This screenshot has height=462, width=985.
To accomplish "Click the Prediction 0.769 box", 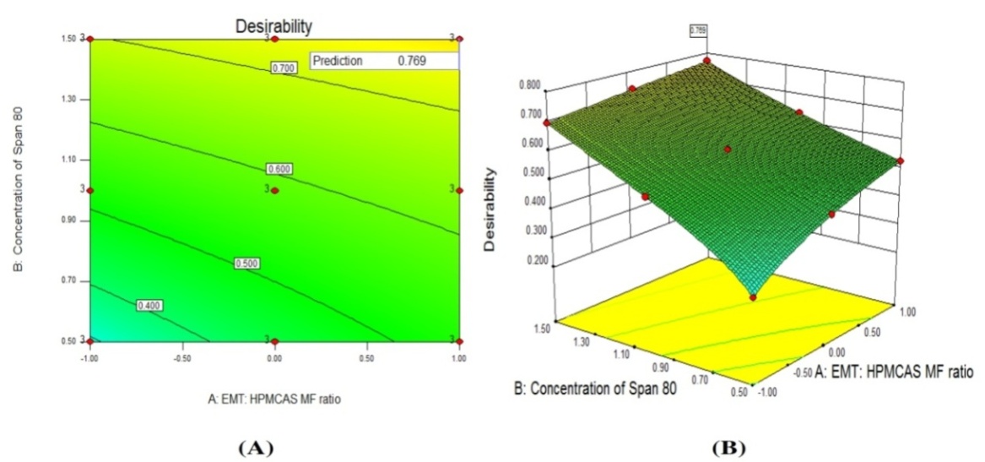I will coord(385,61).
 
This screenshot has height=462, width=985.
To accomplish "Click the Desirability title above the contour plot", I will coord(273,26).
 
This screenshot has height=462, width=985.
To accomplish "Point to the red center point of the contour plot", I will coord(274,191).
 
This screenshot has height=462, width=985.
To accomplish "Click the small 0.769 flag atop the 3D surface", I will coord(699,30).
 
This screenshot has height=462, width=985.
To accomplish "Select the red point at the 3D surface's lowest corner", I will coord(752,296).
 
